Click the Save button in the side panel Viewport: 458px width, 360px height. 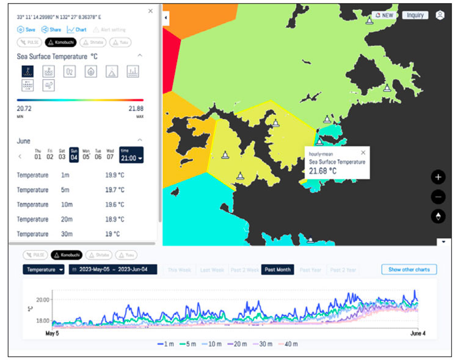click(x=26, y=29)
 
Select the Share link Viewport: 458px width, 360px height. click(x=51, y=29)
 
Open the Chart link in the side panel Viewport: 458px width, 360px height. click(x=77, y=29)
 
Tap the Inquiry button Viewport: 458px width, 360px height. click(x=415, y=15)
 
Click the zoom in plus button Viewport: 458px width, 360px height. click(x=438, y=178)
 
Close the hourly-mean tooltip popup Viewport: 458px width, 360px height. click(x=363, y=153)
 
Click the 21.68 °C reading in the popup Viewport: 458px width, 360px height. click(x=322, y=171)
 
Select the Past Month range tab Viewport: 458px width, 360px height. click(x=278, y=270)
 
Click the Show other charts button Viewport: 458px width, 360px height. click(x=409, y=270)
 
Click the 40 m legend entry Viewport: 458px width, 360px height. click(x=289, y=345)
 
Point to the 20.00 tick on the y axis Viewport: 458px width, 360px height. click(x=41, y=300)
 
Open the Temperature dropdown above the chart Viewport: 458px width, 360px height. click(x=44, y=270)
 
